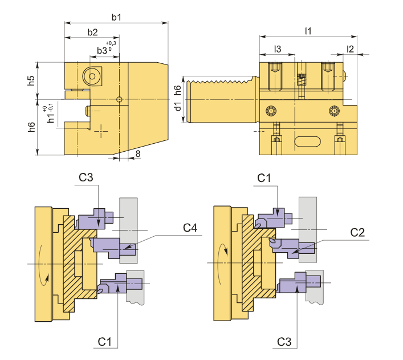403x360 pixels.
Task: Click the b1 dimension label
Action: point(116,18)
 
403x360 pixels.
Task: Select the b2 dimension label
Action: point(92,32)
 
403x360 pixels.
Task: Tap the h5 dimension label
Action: point(31,80)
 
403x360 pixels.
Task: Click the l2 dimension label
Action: point(351,49)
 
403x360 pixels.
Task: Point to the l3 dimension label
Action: point(278,49)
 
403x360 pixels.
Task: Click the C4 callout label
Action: point(190,228)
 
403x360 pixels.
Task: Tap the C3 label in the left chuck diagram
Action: point(86,177)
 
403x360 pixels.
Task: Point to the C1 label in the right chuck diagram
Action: point(264,178)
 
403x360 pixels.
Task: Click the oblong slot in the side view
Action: point(308,140)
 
